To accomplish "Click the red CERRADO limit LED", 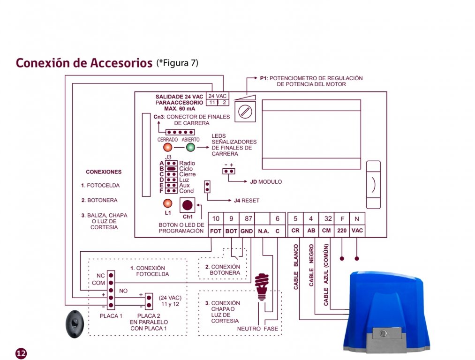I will tap(167, 148).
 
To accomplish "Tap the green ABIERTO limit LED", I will tap(190, 148).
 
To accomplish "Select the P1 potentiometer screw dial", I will tap(244, 112).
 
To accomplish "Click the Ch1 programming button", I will tap(188, 205).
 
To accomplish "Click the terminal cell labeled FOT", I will tap(216, 231).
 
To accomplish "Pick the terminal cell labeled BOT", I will tap(231, 231).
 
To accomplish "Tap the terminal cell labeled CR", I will tap(295, 231).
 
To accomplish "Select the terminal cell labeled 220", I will tap(342, 231).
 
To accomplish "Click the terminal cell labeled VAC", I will tap(357, 231).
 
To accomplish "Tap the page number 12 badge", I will tap(21, 353).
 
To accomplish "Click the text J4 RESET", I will tap(246, 201).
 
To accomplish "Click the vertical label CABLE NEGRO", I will tap(311, 265).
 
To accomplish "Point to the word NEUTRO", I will tap(249, 329).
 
